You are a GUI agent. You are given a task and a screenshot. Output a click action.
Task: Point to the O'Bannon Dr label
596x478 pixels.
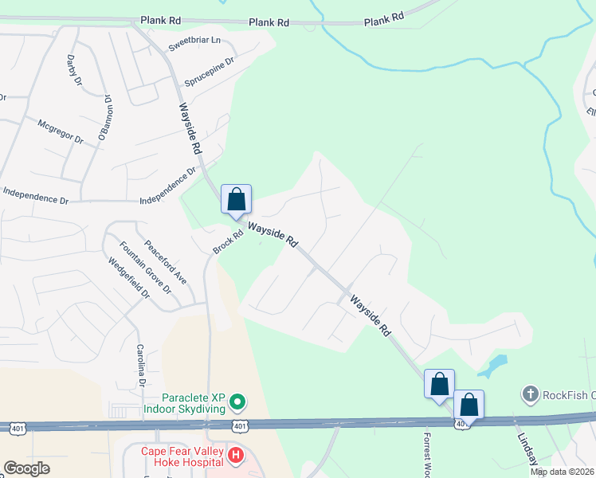pos(104,118)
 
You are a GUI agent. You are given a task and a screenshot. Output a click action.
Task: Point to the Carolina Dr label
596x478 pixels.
pos(139,361)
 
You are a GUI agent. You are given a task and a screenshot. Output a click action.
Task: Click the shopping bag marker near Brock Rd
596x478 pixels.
pos(237,198)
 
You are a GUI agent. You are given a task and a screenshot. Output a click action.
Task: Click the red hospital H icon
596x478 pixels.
pos(235,456)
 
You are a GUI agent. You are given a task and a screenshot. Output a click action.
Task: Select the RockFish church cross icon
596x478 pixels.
pos(530,393)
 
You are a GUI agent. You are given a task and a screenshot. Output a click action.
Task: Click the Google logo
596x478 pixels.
pos(26,468)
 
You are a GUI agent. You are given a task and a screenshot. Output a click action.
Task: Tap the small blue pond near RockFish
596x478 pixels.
pos(494,366)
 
